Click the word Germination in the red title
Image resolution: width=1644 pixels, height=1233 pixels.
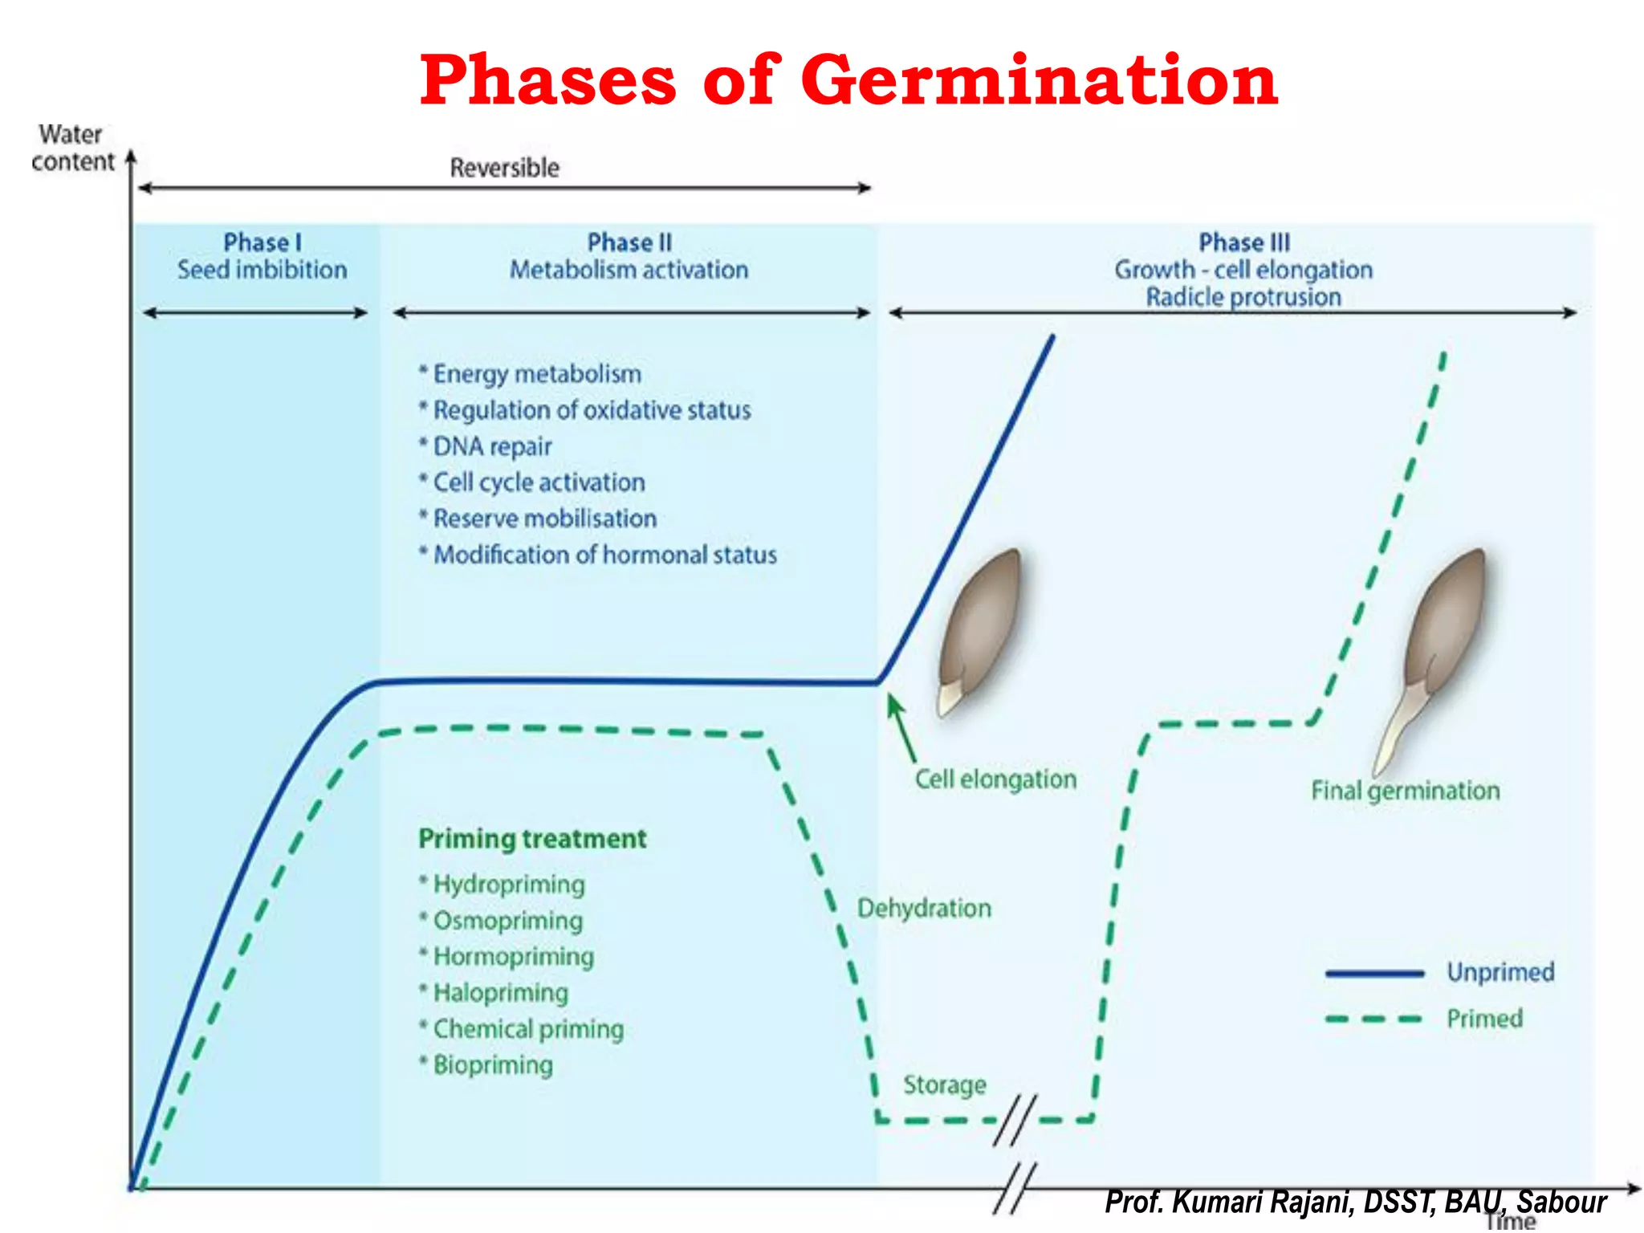pyautogui.click(x=1039, y=80)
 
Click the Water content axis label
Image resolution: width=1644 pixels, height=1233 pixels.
pyautogui.click(x=72, y=148)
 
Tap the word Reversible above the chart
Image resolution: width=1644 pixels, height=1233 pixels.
pyautogui.click(x=504, y=168)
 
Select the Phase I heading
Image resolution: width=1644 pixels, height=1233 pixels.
pyautogui.click(x=262, y=242)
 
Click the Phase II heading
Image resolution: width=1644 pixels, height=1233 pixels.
pyautogui.click(x=629, y=242)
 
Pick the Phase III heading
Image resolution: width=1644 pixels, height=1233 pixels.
pyautogui.click(x=1243, y=242)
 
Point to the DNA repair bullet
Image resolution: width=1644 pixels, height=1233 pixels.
pyautogui.click(x=492, y=446)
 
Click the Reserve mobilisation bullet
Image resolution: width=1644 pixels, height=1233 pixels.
pyautogui.click(x=544, y=519)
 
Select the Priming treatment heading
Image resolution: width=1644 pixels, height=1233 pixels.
pyautogui.click(x=532, y=839)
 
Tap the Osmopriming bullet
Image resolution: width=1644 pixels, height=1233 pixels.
pyautogui.click(x=507, y=921)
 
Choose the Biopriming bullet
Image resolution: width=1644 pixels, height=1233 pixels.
pyautogui.click(x=493, y=1065)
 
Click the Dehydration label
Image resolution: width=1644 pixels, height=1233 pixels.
pyautogui.click(x=924, y=909)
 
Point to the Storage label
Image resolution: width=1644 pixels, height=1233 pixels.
pyautogui.click(x=945, y=1085)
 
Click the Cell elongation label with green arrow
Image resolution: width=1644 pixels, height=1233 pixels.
pyautogui.click(x=995, y=779)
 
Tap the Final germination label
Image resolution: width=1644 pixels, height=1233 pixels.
pyautogui.click(x=1405, y=791)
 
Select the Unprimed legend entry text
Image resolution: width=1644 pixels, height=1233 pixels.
pyautogui.click(x=1500, y=973)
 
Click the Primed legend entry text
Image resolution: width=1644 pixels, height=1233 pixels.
pyautogui.click(x=1484, y=1019)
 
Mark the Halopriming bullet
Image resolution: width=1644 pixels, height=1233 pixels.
pyautogui.click(x=500, y=993)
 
